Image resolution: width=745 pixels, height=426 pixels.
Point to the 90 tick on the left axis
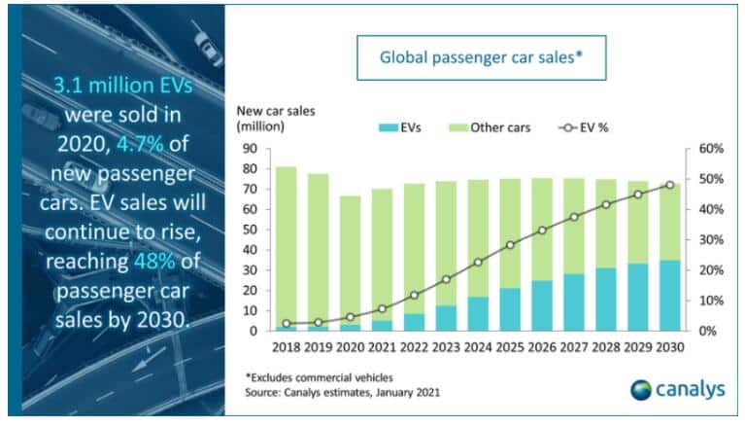point(251,149)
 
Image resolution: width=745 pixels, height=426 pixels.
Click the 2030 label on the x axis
point(669,347)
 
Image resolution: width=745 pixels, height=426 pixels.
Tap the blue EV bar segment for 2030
point(669,296)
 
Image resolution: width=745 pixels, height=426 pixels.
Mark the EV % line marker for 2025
point(509,245)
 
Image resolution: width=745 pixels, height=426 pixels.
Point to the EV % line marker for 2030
point(669,185)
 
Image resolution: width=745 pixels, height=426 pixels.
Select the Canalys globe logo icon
point(642,390)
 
